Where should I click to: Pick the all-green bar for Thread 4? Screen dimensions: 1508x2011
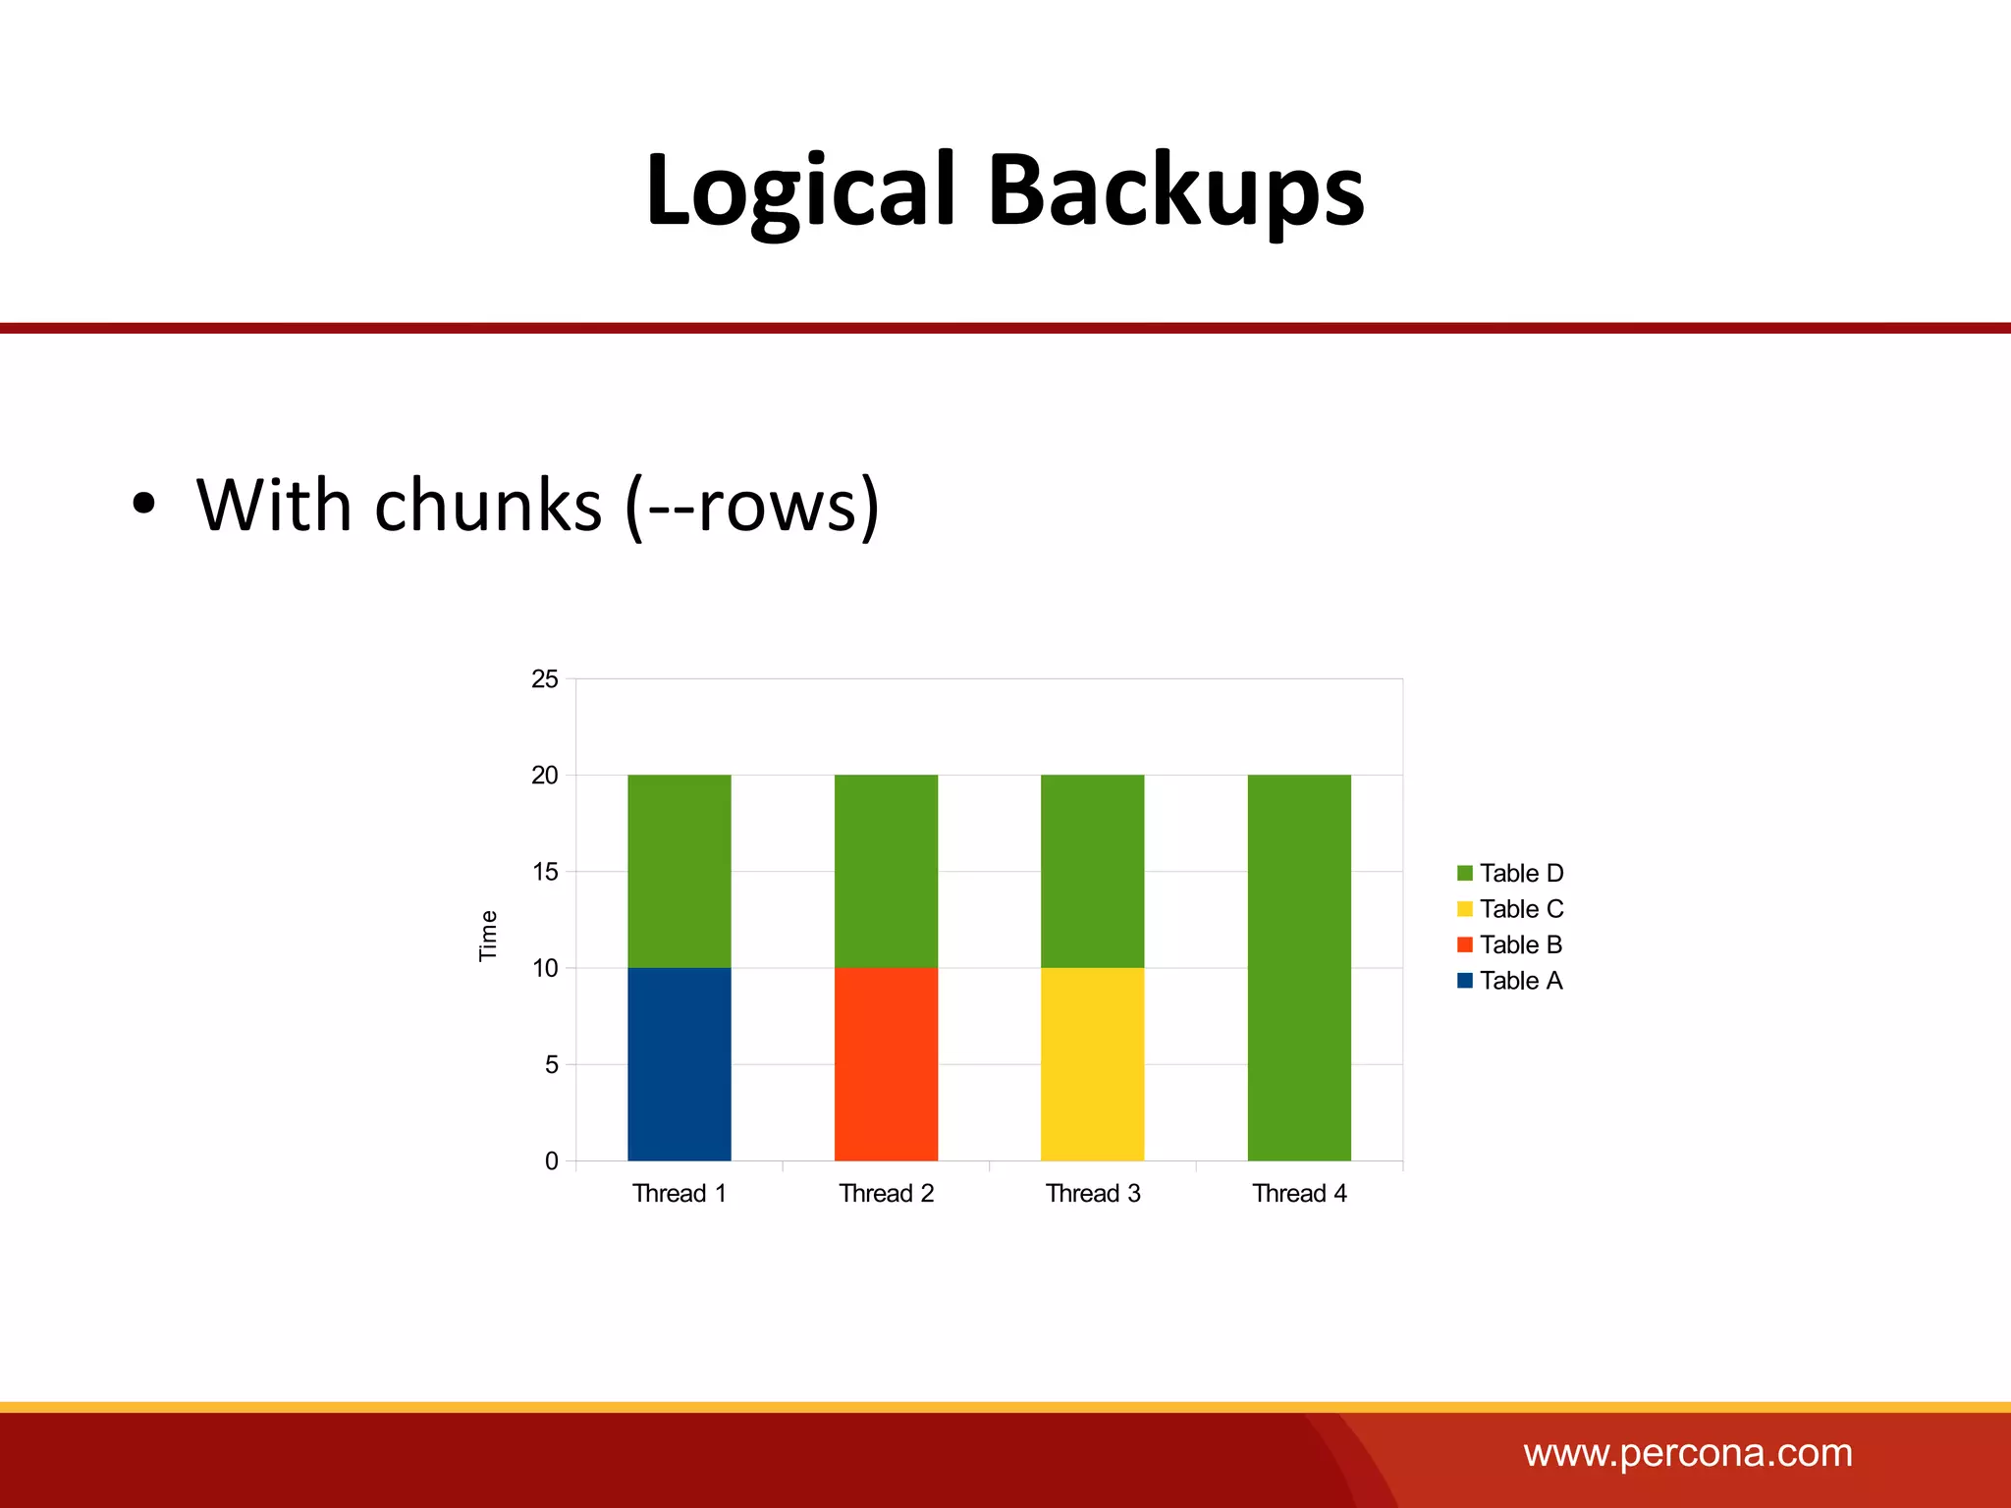[1299, 967]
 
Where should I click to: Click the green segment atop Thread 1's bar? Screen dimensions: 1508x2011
[679, 871]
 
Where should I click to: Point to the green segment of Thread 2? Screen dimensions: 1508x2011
[886, 871]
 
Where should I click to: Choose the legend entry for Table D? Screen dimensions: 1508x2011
[1510, 873]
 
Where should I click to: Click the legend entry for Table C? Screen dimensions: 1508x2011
[1510, 909]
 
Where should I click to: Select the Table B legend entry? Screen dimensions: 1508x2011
[1510, 944]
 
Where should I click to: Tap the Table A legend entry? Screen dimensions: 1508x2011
[1510, 981]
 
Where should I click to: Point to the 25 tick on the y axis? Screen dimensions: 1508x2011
[545, 678]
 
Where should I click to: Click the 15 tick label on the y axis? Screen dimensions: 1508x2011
[545, 872]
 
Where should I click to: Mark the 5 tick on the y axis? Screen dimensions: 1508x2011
[551, 1064]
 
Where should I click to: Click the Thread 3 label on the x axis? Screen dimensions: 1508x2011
[1093, 1193]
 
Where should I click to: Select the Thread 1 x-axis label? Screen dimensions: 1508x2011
[679, 1193]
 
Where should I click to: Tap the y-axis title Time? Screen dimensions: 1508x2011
[488, 935]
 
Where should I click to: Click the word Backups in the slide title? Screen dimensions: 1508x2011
[1175, 191]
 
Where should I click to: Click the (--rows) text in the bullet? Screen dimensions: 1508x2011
[752, 506]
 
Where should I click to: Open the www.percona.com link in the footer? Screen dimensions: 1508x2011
[1688, 1453]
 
